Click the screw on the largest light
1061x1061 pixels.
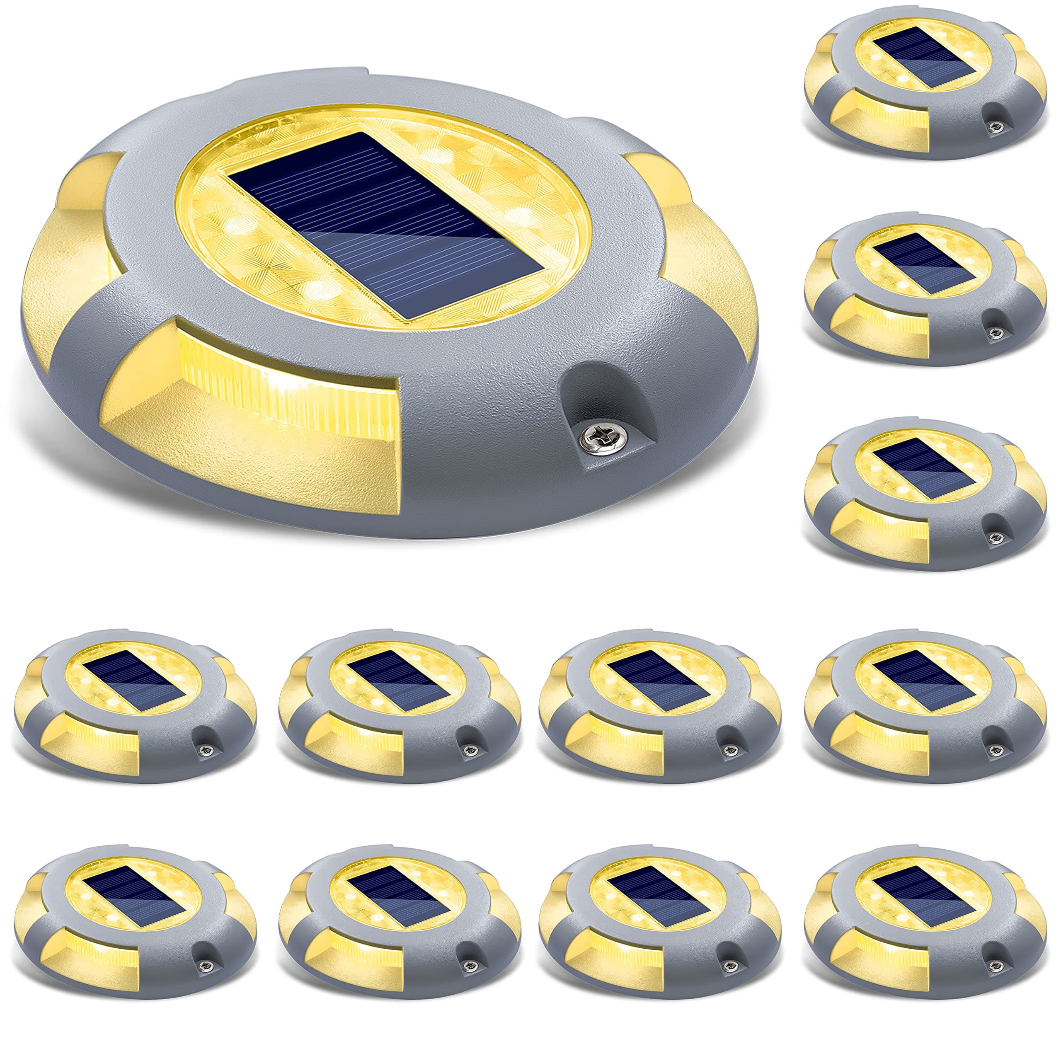pos(588,438)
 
